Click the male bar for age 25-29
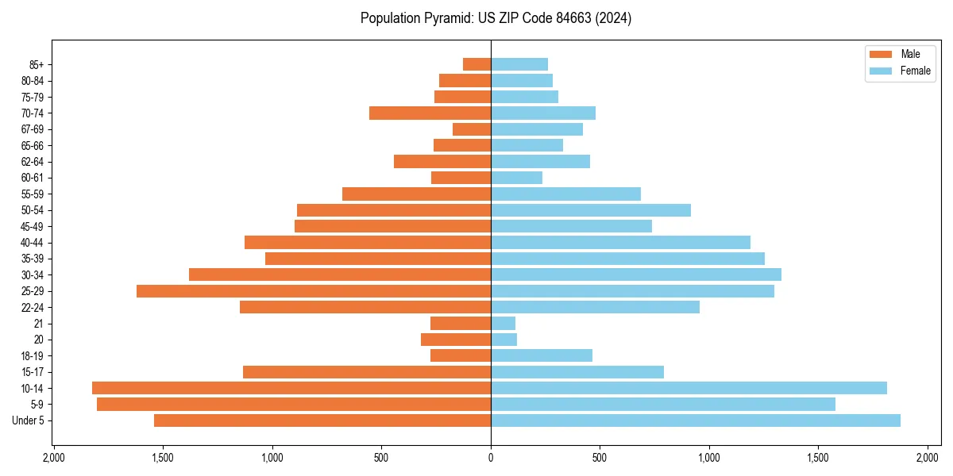click(x=314, y=291)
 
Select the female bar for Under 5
click(x=696, y=420)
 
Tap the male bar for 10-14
click(x=291, y=388)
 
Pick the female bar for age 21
click(x=504, y=324)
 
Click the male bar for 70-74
click(x=430, y=113)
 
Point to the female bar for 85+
click(x=519, y=64)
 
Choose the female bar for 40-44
click(x=620, y=243)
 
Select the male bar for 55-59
click(x=416, y=194)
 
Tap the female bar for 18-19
click(x=542, y=355)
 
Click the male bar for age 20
click(x=456, y=340)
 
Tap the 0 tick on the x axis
click(x=491, y=458)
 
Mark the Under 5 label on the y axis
click(x=28, y=420)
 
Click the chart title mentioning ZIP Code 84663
click(x=496, y=18)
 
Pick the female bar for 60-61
click(x=516, y=178)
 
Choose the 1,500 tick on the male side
click(x=163, y=458)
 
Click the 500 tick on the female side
click(x=600, y=458)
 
